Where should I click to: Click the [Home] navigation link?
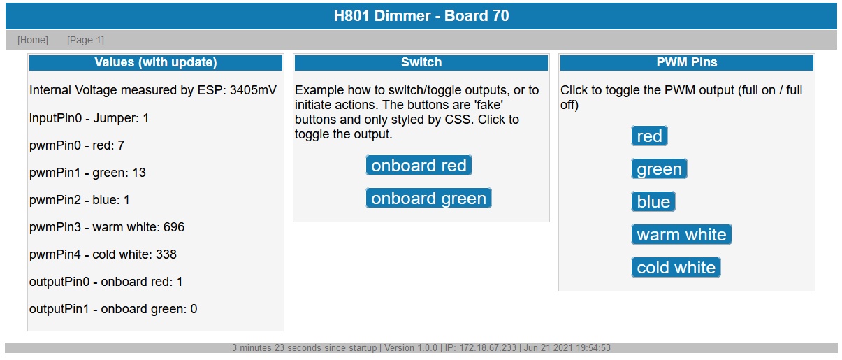click(x=33, y=40)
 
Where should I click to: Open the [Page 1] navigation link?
click(x=85, y=40)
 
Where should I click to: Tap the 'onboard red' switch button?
click(x=419, y=165)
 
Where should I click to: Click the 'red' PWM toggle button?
click(x=649, y=136)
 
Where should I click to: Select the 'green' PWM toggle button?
click(x=659, y=168)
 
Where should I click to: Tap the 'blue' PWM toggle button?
click(x=653, y=201)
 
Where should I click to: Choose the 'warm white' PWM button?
click(x=681, y=234)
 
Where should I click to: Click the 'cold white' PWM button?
click(x=676, y=268)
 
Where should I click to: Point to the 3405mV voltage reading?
click(x=253, y=90)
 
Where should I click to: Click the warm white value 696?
click(x=174, y=227)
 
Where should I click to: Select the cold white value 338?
click(x=166, y=254)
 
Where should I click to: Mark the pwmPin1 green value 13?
click(x=139, y=173)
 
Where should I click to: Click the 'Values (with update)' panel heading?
click(x=156, y=62)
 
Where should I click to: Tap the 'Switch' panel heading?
click(x=421, y=62)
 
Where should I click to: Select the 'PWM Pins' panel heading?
click(x=687, y=62)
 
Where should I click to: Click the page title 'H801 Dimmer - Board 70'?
click(x=421, y=16)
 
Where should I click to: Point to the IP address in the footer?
click(x=480, y=347)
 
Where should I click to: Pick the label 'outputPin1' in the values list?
click(x=59, y=309)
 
